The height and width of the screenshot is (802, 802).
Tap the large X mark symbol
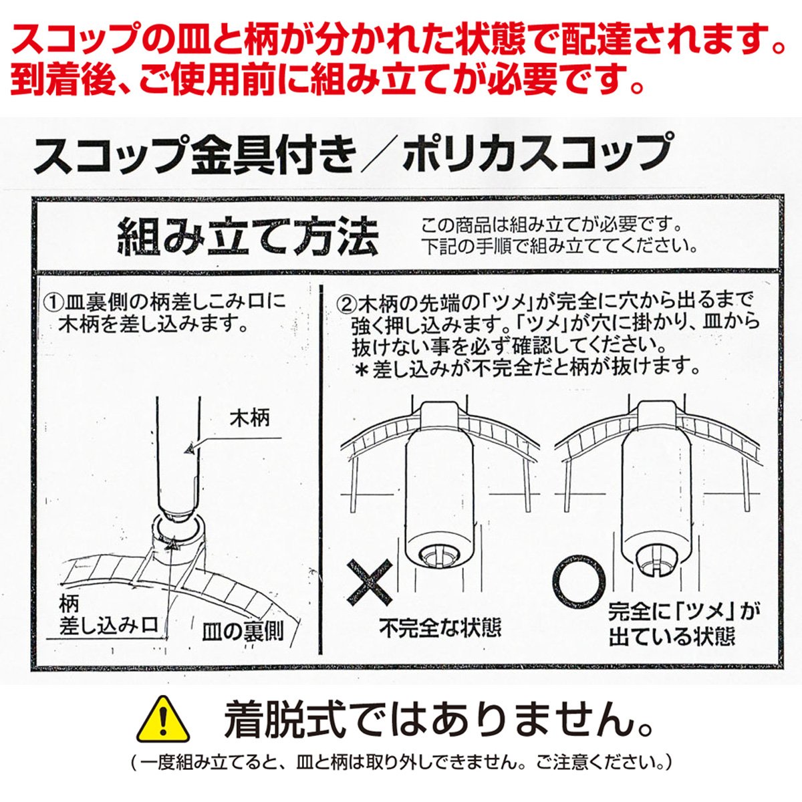point(370,583)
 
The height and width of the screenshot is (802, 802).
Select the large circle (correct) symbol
point(579,583)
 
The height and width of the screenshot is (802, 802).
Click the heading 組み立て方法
point(249,237)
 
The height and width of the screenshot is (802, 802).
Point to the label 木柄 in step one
point(249,418)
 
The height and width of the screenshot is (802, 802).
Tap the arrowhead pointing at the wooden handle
point(189,450)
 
